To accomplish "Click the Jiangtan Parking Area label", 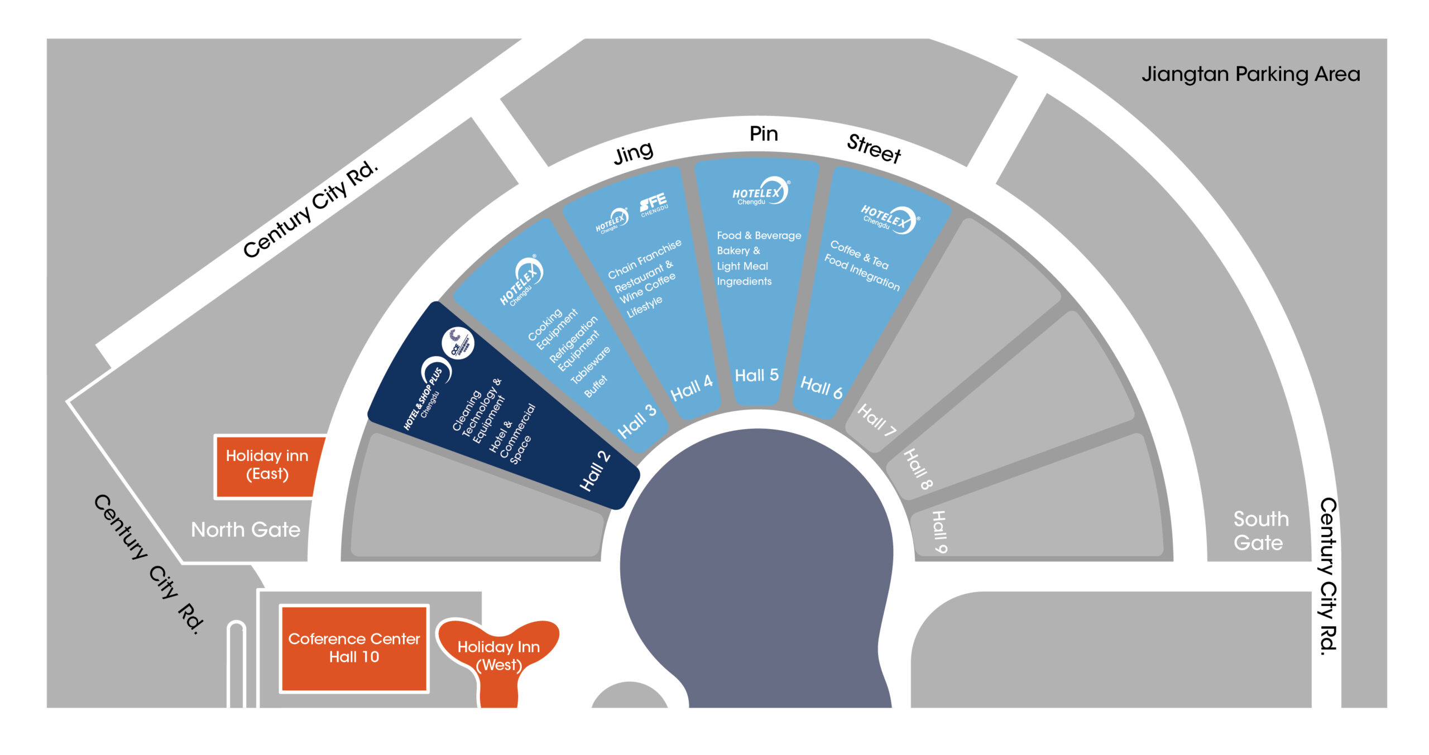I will [1250, 74].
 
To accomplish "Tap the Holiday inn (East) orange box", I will [267, 465].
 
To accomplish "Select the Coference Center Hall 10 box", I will [354, 648].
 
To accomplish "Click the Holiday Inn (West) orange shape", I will [498, 655].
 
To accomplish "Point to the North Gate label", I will [246, 530].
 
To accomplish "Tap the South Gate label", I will [1260, 531].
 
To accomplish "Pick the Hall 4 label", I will [691, 388].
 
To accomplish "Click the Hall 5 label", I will [756, 375].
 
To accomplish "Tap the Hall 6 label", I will [821, 387].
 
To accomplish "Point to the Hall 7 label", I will [876, 420].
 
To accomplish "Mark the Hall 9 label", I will [939, 531].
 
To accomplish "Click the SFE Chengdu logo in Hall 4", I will [653, 204].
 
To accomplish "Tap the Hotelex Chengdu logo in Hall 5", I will [760, 192].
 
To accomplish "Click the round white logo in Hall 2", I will [458, 343].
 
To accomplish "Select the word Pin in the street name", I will [763, 134].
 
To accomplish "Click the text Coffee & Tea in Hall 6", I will [859, 254].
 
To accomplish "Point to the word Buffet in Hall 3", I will [596, 386].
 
